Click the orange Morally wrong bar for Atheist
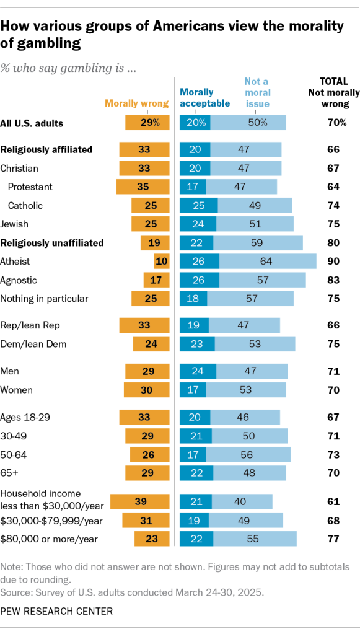[x=161, y=262]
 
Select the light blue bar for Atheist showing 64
[x=268, y=262]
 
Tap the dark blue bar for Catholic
[x=198, y=206]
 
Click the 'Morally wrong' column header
[x=136, y=103]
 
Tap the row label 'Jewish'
[x=14, y=224]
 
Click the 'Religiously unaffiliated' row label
[x=51, y=243]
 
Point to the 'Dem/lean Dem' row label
[x=33, y=344]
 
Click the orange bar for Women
[x=146, y=390]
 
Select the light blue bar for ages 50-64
[x=248, y=455]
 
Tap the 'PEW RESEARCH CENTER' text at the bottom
[x=56, y=611]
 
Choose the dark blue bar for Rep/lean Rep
[x=194, y=325]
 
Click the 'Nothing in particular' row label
[x=44, y=299]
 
